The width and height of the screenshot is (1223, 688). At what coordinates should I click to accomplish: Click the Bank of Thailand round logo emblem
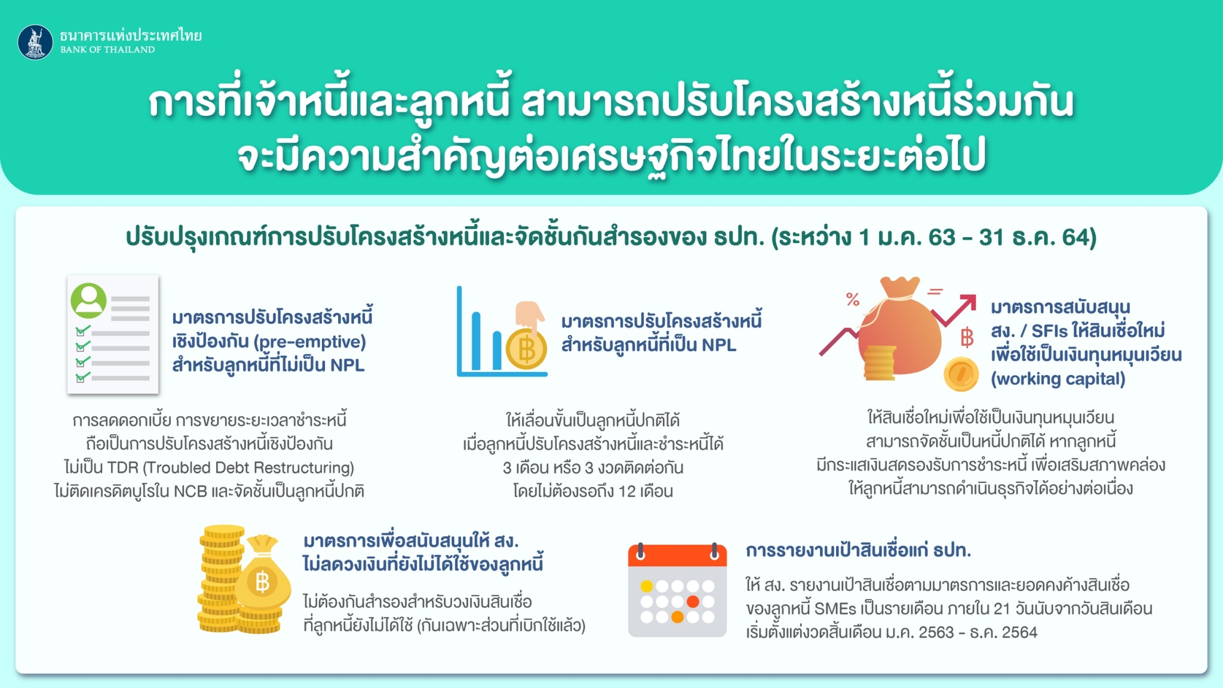pos(35,42)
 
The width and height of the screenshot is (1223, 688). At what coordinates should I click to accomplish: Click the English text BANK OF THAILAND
pos(107,50)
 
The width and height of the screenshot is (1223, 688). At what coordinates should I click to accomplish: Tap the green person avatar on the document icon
pos(88,300)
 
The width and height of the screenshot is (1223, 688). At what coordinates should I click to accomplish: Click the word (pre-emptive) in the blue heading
pos(310,342)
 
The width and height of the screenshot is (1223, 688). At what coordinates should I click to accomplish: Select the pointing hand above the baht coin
pos(530,317)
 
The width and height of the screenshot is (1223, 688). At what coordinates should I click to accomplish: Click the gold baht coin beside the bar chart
pos(526,349)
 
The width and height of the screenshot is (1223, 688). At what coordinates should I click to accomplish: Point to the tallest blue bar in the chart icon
pos(476,340)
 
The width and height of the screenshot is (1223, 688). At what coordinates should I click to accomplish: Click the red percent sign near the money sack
pos(853,299)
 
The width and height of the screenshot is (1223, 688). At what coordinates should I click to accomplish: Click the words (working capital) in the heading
pos(1058,379)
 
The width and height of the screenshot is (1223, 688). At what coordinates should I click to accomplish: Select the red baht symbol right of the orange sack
pos(967,337)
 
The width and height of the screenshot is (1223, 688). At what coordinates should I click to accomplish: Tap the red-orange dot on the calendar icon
pos(693,601)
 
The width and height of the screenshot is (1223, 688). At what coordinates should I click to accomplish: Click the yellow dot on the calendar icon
pos(646,586)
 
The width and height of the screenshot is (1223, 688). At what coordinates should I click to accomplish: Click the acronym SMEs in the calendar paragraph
pos(834,609)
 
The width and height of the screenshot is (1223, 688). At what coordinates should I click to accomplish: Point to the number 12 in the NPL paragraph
pos(627,492)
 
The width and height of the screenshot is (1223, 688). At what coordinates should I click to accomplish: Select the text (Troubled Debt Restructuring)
pos(248,468)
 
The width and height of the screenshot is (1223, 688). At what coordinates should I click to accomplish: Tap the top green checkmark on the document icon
pos(82,330)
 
